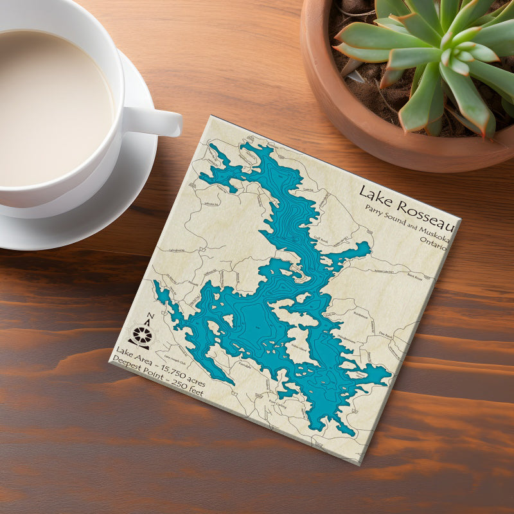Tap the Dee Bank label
click(384, 334)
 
